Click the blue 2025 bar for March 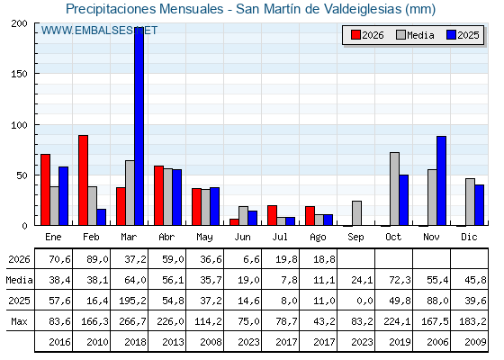[x=139, y=126]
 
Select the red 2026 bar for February [x=83, y=180]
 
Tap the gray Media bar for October [x=395, y=189]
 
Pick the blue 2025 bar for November [x=441, y=181]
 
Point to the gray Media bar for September [x=356, y=213]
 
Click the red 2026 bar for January [x=45, y=190]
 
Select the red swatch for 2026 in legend [x=355, y=35]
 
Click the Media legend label [x=420, y=35]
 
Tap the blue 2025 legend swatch [x=451, y=35]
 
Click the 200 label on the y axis [x=19, y=23]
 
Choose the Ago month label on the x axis [x=318, y=238]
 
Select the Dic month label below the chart [x=469, y=237]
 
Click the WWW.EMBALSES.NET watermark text [x=99, y=31]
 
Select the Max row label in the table [x=19, y=321]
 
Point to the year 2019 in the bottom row [x=400, y=342]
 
